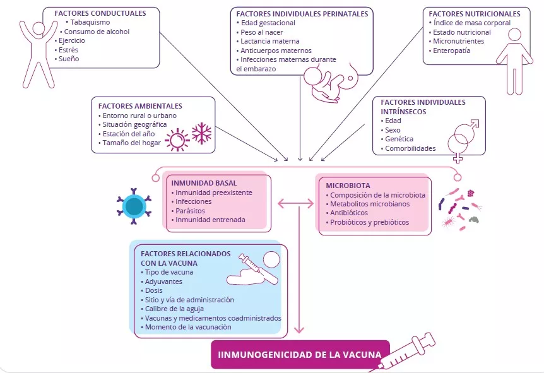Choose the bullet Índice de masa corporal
click(x=473, y=23)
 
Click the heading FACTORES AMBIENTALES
click(x=140, y=106)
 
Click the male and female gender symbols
click(x=464, y=139)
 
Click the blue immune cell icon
click(x=134, y=206)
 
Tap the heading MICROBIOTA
click(x=348, y=186)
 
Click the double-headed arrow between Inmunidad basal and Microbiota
click(x=295, y=203)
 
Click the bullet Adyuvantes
click(x=163, y=281)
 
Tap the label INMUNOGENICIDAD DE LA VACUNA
click(x=300, y=354)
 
